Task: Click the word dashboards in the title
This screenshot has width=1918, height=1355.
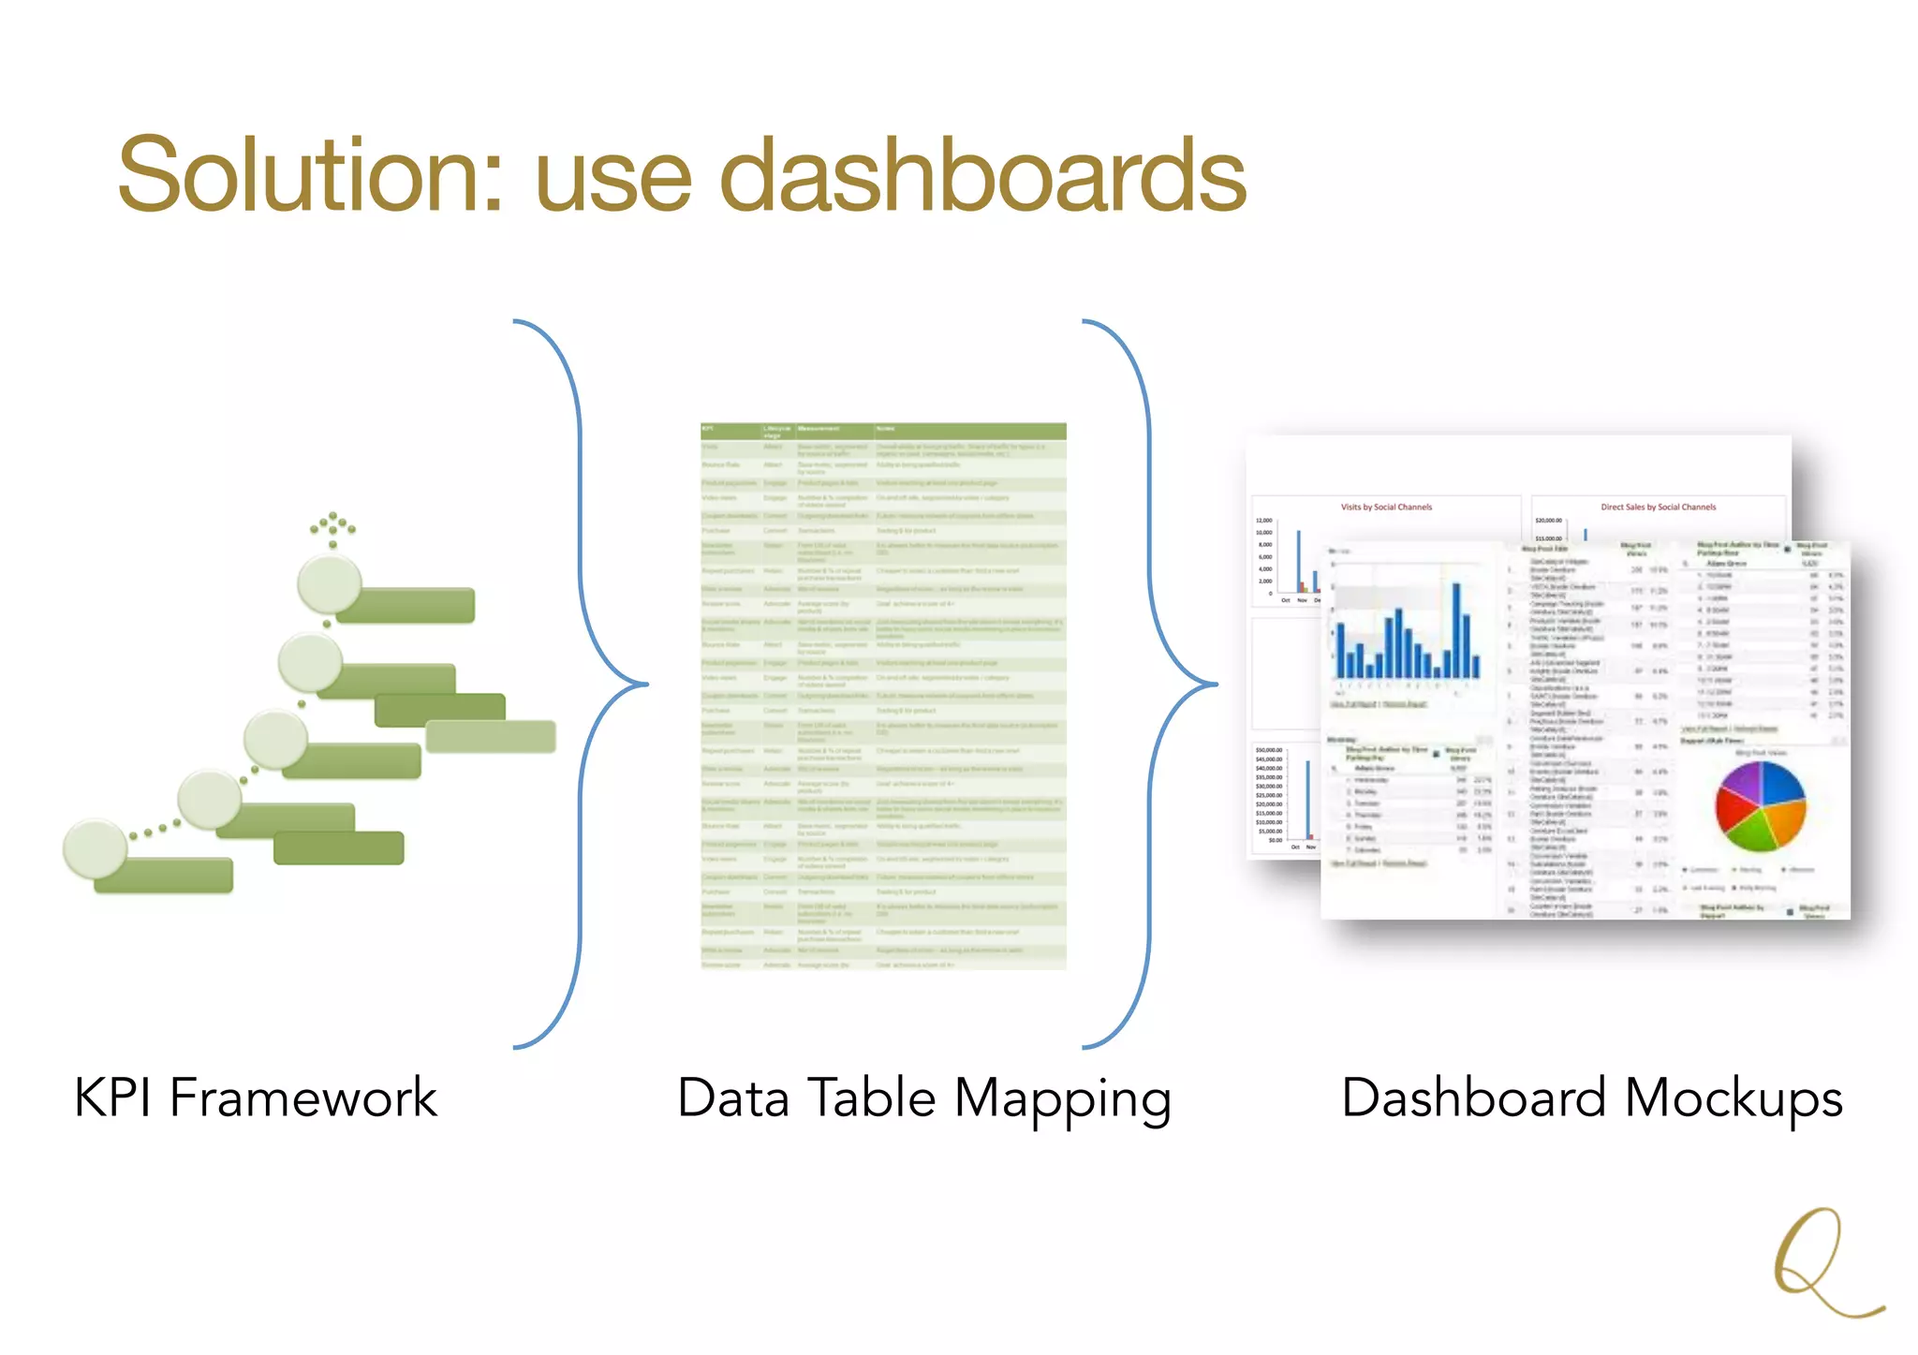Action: click(982, 175)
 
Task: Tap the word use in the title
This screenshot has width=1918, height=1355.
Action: click(612, 183)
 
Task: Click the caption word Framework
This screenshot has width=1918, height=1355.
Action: click(303, 1097)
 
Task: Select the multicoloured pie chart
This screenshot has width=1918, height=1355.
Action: click(1760, 806)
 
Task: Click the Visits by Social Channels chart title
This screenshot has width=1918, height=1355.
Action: click(1386, 507)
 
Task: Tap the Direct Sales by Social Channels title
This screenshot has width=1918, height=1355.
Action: click(1658, 507)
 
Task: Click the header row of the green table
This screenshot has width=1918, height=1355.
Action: click(883, 431)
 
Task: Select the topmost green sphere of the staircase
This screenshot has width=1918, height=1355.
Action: click(329, 582)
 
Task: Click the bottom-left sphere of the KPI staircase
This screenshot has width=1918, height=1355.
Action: click(95, 847)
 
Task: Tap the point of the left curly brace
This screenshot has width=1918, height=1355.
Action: click(646, 685)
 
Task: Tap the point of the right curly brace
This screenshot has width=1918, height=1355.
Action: click(1216, 685)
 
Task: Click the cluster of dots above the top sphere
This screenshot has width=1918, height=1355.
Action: click(332, 528)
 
